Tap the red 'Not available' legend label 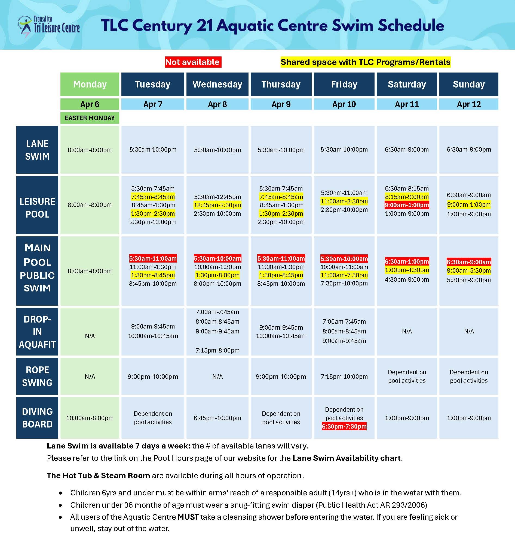coord(193,62)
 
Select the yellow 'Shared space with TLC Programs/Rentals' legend coord(365,62)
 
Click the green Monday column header coord(90,84)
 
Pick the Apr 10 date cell coord(344,104)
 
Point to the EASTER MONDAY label coord(90,118)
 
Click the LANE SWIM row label coord(37,150)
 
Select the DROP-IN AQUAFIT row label coord(37,332)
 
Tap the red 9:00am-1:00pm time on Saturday coord(407,205)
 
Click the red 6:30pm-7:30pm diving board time coord(344,426)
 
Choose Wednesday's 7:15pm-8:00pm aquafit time coord(217,350)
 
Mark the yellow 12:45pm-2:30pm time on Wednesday coord(217,205)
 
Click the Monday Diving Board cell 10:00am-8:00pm coord(90,418)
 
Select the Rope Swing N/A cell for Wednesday coord(217,377)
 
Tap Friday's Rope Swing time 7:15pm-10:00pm coord(344,377)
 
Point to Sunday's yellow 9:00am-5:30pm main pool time coord(469,270)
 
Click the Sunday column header coord(469,84)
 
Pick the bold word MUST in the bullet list coord(188,517)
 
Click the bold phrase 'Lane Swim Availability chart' coord(347,458)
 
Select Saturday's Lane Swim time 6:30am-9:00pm coord(407,150)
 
